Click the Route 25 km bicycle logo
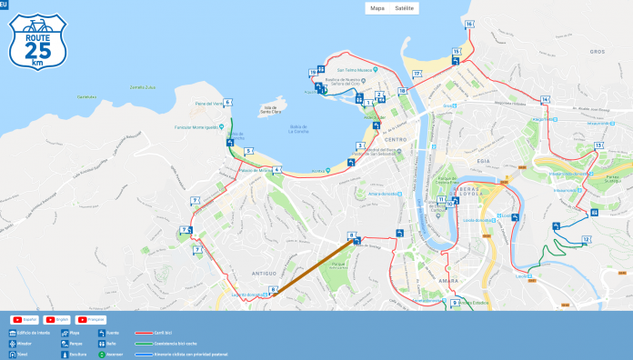[x=37, y=41]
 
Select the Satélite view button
[x=405, y=8]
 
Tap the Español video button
[x=23, y=320]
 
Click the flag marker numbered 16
[x=469, y=25]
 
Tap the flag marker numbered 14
[x=545, y=99]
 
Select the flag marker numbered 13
[x=599, y=145]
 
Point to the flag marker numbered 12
[x=586, y=240]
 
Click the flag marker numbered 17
[x=417, y=74]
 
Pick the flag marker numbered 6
[x=227, y=103]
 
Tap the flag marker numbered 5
[x=247, y=151]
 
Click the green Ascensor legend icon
[x=102, y=354]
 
